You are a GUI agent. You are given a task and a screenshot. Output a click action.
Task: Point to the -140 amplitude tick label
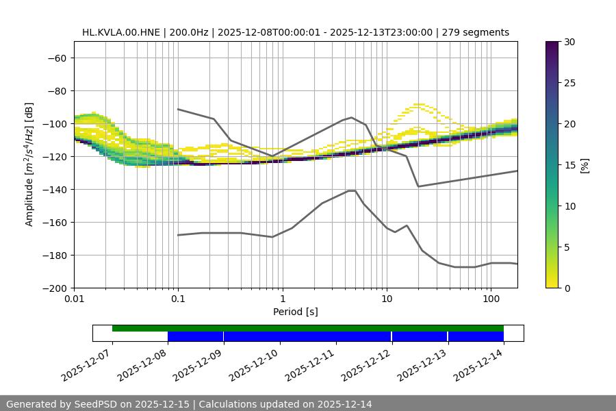tap(55, 189)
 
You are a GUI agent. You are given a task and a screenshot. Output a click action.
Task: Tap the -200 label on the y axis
tap(55, 288)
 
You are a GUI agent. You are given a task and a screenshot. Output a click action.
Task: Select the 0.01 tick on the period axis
tap(74, 299)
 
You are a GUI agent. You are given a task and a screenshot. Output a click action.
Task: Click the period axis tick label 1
tap(282, 299)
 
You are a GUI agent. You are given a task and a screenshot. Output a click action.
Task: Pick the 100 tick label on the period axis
tap(491, 299)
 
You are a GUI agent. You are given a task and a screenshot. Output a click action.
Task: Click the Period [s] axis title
tap(295, 312)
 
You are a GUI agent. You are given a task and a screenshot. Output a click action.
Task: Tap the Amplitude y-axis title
tap(29, 164)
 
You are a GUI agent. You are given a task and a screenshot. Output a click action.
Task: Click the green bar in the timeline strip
tap(308, 328)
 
